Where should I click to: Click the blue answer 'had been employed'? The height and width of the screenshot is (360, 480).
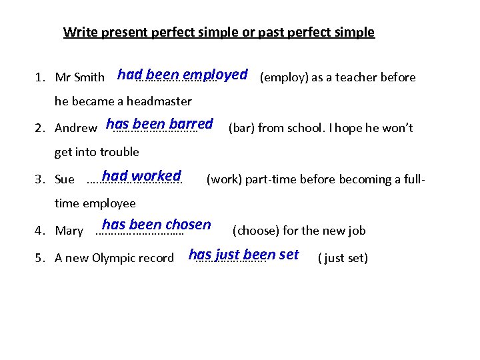pyautogui.click(x=182, y=75)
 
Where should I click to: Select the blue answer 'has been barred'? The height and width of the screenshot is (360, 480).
pyautogui.click(x=159, y=124)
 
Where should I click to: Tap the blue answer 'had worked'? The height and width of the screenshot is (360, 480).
pyautogui.click(x=141, y=176)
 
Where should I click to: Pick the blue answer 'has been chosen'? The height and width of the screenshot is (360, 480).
pyautogui.click(x=156, y=225)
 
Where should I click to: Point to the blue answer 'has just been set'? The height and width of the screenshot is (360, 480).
pyautogui.click(x=243, y=255)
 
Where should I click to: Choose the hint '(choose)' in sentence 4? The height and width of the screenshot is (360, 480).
pyautogui.click(x=255, y=231)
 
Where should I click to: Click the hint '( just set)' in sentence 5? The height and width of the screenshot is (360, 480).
pyautogui.click(x=343, y=258)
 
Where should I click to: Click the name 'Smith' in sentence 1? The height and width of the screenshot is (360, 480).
pyautogui.click(x=89, y=77)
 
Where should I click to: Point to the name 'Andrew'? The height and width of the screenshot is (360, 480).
pyautogui.click(x=75, y=128)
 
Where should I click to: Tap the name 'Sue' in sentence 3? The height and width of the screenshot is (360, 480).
pyautogui.click(x=65, y=179)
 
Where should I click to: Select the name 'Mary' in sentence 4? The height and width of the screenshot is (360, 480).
pyautogui.click(x=69, y=231)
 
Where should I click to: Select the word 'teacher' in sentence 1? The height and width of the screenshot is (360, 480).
pyautogui.click(x=357, y=77)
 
